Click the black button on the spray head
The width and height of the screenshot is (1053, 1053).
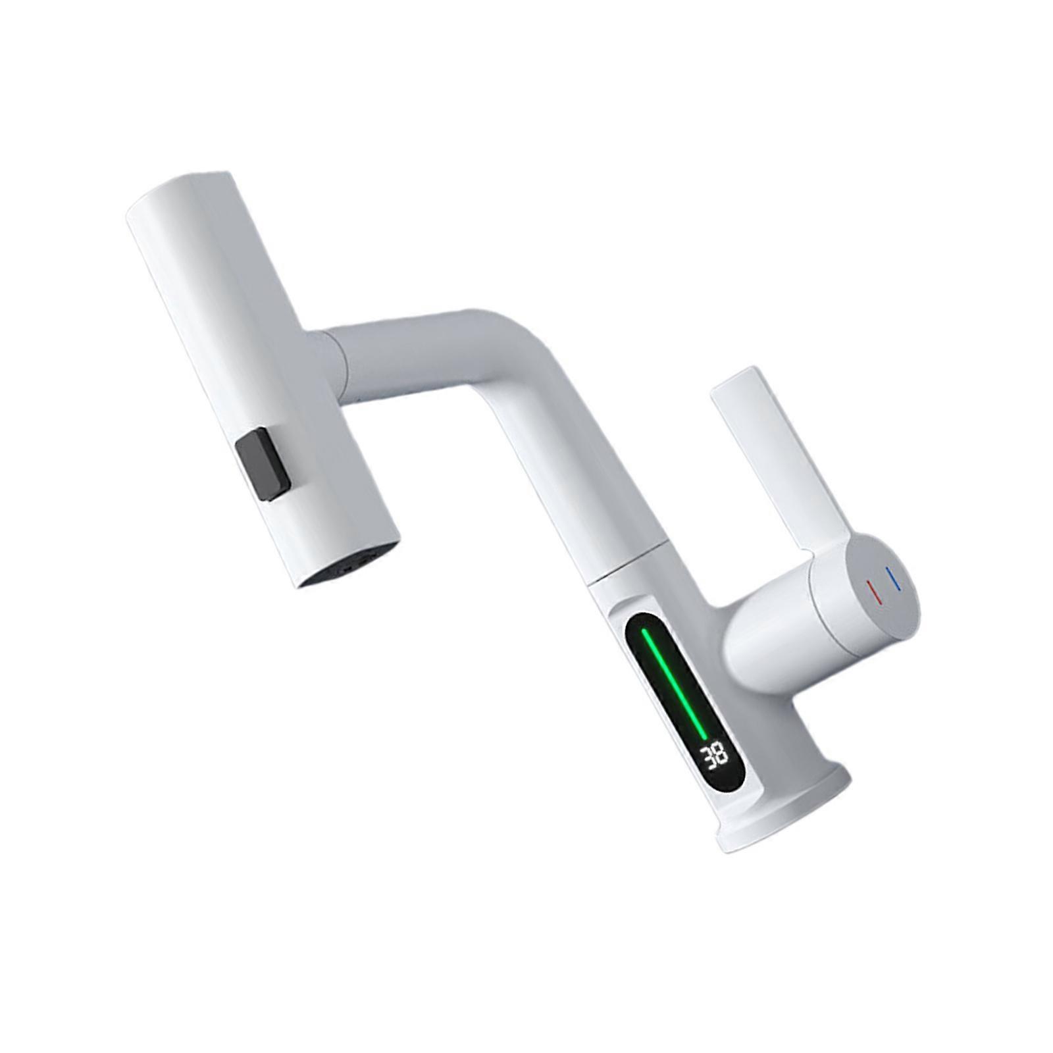pos(263,467)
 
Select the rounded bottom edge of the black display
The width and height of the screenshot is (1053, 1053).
pos(724,786)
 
